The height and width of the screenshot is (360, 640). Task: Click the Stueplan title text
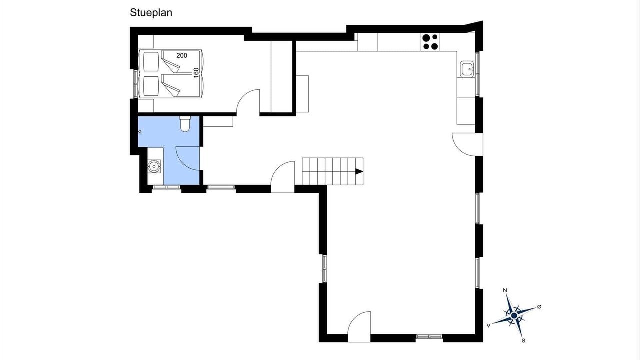click(151, 13)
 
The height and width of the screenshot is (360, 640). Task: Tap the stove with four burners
click(430, 42)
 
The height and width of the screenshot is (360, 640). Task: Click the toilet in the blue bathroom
click(185, 124)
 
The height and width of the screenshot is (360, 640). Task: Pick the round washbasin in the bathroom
click(154, 166)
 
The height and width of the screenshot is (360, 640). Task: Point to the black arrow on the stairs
click(359, 171)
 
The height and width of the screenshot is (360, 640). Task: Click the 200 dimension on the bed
click(182, 55)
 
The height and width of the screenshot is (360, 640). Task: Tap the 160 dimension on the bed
click(196, 73)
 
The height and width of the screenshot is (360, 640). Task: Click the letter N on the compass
click(505, 290)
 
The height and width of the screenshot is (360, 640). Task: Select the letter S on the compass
click(523, 341)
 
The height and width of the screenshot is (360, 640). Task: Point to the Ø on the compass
click(539, 307)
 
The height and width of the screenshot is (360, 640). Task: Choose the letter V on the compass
click(489, 325)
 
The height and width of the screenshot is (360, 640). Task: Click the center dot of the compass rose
click(514, 315)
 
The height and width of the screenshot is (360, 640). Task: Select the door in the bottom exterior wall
click(359, 327)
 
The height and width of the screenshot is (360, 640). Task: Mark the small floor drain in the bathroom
click(140, 131)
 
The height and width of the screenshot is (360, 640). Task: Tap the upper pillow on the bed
click(151, 61)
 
